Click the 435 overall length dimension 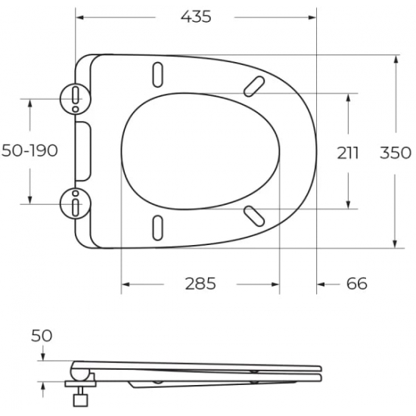point(195,16)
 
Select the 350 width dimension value point(395,152)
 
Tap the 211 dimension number point(348,152)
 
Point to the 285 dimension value point(200,284)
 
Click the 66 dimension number point(356,284)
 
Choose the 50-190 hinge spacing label point(30,151)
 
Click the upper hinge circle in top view point(75,97)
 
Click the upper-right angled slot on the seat point(255,85)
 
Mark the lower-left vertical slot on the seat point(158,227)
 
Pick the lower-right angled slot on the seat point(255,216)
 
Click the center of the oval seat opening point(200,151)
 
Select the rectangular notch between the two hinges point(85,151)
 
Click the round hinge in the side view point(79,371)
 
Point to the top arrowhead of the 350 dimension point(396,59)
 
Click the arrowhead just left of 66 point(321,284)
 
